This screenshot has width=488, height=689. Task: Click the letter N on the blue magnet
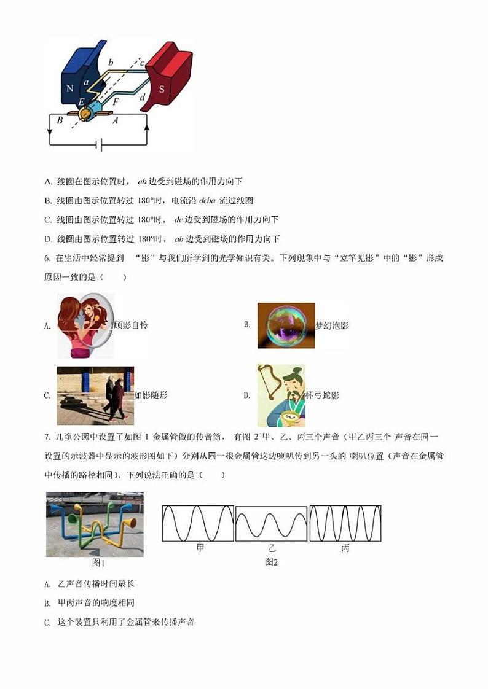point(69,88)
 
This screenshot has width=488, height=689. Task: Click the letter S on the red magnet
point(162,88)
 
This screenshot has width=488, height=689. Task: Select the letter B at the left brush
point(60,120)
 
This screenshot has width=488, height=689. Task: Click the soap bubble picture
point(285,325)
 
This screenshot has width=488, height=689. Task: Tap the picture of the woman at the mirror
point(85,325)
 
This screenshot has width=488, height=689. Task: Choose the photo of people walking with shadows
point(95,395)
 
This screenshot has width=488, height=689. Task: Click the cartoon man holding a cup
point(281,395)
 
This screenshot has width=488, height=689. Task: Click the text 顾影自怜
point(131,325)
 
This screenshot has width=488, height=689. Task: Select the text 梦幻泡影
point(332,325)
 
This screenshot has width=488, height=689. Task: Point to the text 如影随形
point(151,395)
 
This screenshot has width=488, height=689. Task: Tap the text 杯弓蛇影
point(323,395)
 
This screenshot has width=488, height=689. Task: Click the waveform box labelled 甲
point(197,524)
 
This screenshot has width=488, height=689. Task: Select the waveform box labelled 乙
point(271,524)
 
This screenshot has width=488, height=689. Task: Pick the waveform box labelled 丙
point(345,524)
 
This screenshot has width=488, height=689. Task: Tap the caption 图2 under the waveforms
point(271,562)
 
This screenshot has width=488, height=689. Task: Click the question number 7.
point(47,437)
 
